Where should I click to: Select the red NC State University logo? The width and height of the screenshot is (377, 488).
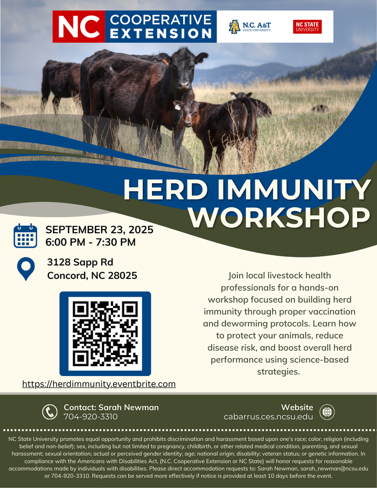(307, 26)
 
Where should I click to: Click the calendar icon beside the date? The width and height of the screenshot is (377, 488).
(25, 235)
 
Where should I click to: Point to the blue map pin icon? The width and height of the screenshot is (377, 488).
(26, 269)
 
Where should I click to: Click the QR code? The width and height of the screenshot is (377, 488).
(105, 333)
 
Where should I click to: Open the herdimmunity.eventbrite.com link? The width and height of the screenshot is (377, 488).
(99, 384)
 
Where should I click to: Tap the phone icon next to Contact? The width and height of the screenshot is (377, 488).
(50, 412)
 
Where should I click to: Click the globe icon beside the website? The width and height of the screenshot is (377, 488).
(327, 412)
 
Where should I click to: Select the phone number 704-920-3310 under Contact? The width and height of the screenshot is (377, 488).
(90, 417)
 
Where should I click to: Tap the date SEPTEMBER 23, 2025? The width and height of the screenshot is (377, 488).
(100, 230)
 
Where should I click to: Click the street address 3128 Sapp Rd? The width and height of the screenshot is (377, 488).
(80, 262)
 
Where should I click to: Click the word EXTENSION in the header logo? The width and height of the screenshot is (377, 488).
(160, 33)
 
